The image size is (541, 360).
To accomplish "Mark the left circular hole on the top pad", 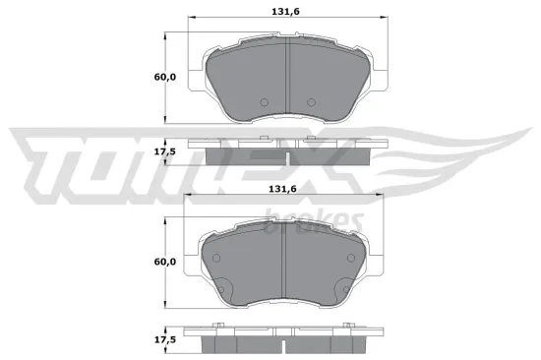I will pyautogui.click(x=263, y=103).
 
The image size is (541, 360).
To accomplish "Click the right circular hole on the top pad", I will pyautogui.click(x=311, y=103).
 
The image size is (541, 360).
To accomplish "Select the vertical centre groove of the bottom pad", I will pyautogui.click(x=283, y=260).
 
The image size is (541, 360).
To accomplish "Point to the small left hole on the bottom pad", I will pyautogui.click(x=218, y=254).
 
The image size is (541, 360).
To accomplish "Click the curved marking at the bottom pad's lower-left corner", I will pyautogui.click(x=223, y=291).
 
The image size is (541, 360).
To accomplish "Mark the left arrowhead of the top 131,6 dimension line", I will pyautogui.click(x=191, y=19).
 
